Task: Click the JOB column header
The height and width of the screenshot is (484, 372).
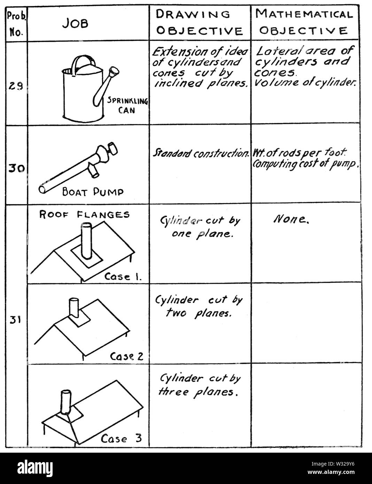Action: tap(76, 23)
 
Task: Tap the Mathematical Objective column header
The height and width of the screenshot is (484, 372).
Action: tap(304, 22)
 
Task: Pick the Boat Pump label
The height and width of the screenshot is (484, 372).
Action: tap(93, 192)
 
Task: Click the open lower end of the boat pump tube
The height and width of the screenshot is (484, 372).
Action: tap(43, 189)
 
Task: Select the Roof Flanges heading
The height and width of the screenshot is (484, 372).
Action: tap(85, 214)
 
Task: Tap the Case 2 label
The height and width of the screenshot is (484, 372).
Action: tap(126, 356)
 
